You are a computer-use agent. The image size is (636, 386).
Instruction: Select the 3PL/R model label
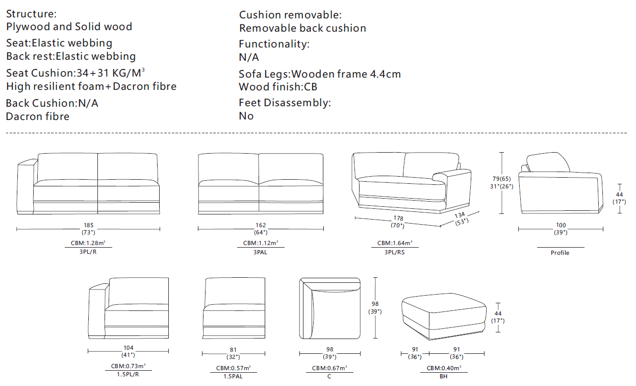tap(88, 252)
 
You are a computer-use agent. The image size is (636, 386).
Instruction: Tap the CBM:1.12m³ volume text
tap(261, 243)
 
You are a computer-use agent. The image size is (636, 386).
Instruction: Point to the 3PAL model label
tap(261, 252)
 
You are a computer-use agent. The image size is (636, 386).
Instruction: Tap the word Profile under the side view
tap(559, 253)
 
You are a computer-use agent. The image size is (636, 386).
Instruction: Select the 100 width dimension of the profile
tap(561, 225)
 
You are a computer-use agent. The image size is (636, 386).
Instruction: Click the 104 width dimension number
tap(128, 348)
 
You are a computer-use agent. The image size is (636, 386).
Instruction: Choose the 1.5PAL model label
tap(233, 376)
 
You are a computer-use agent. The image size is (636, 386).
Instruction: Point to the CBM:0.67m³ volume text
tap(329, 368)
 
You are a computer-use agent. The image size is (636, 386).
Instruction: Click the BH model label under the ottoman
tap(444, 376)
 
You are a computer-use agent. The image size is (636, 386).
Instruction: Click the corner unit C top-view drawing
tap(330, 308)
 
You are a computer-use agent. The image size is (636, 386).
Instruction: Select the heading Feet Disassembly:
tap(285, 103)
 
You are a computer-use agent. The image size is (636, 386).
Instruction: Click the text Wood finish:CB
tap(278, 87)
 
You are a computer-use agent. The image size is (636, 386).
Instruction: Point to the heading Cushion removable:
tap(290, 15)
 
